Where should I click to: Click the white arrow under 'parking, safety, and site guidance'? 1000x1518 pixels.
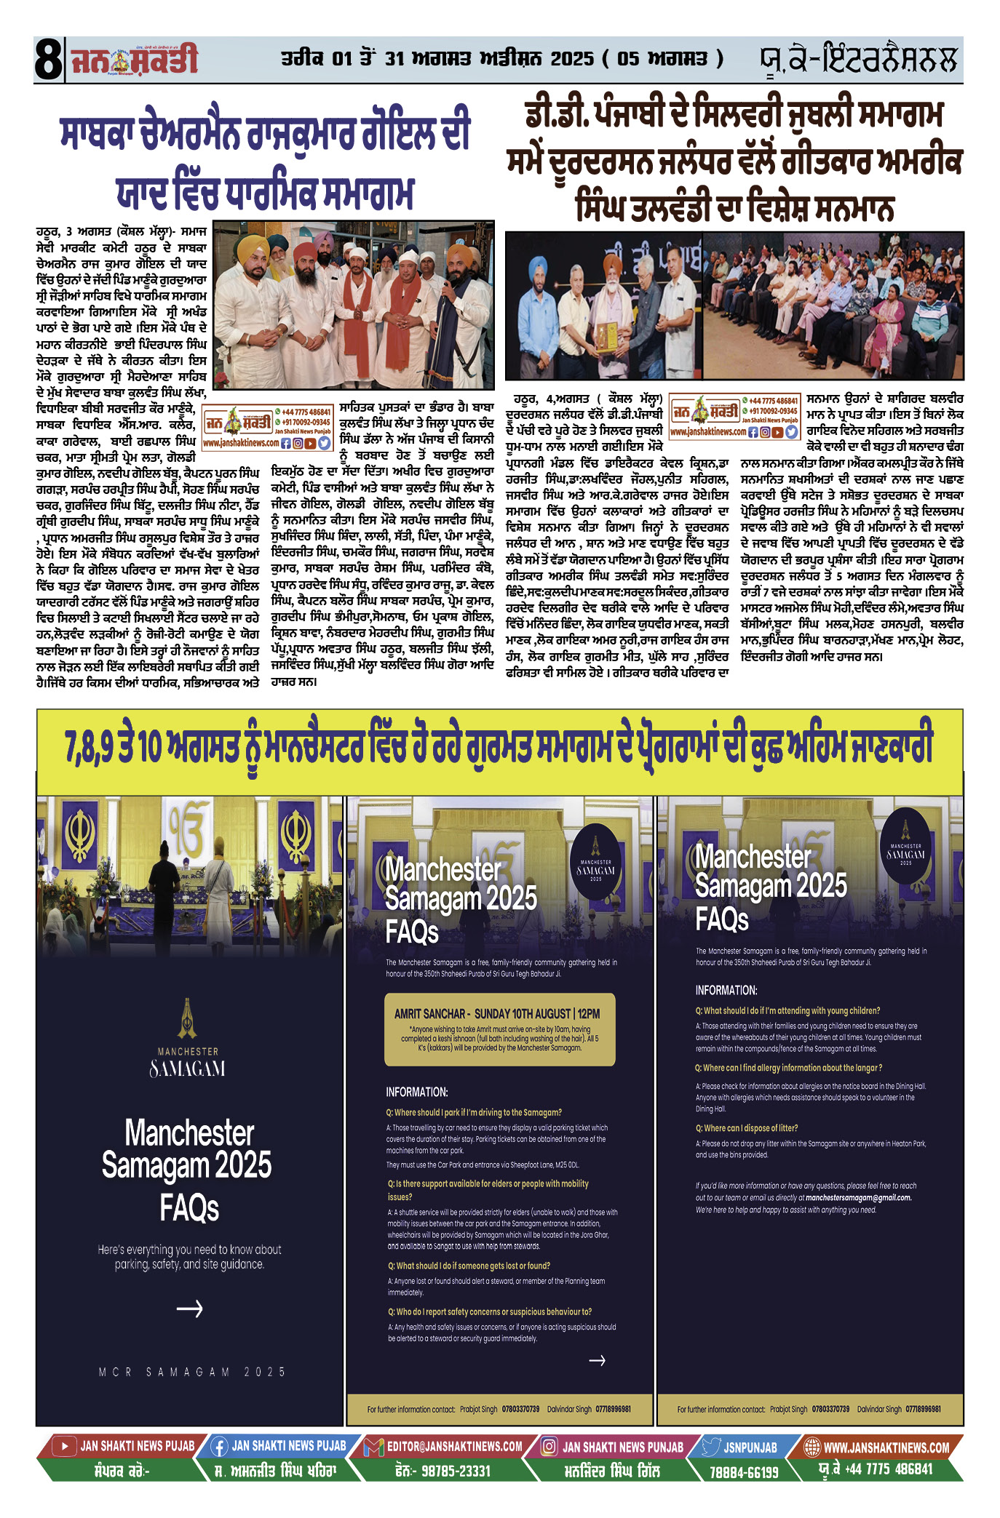pyautogui.click(x=189, y=1309)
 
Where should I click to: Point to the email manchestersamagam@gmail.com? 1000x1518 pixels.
pyautogui.click(x=858, y=1197)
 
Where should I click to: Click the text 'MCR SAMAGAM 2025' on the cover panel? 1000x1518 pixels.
pyautogui.click(x=192, y=1372)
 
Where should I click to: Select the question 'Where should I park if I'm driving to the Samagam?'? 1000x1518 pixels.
pyautogui.click(x=474, y=1112)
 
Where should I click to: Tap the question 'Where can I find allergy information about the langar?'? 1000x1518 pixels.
pyautogui.click(x=788, y=1068)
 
